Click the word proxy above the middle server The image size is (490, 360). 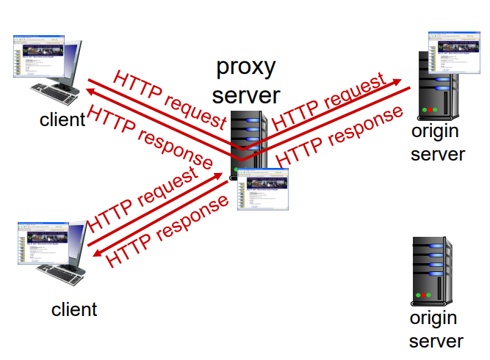(245, 67)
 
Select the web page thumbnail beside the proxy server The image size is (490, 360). (263, 190)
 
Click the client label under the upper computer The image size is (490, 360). (62, 119)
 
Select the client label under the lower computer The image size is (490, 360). (73, 309)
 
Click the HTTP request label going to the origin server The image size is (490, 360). (329, 102)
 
